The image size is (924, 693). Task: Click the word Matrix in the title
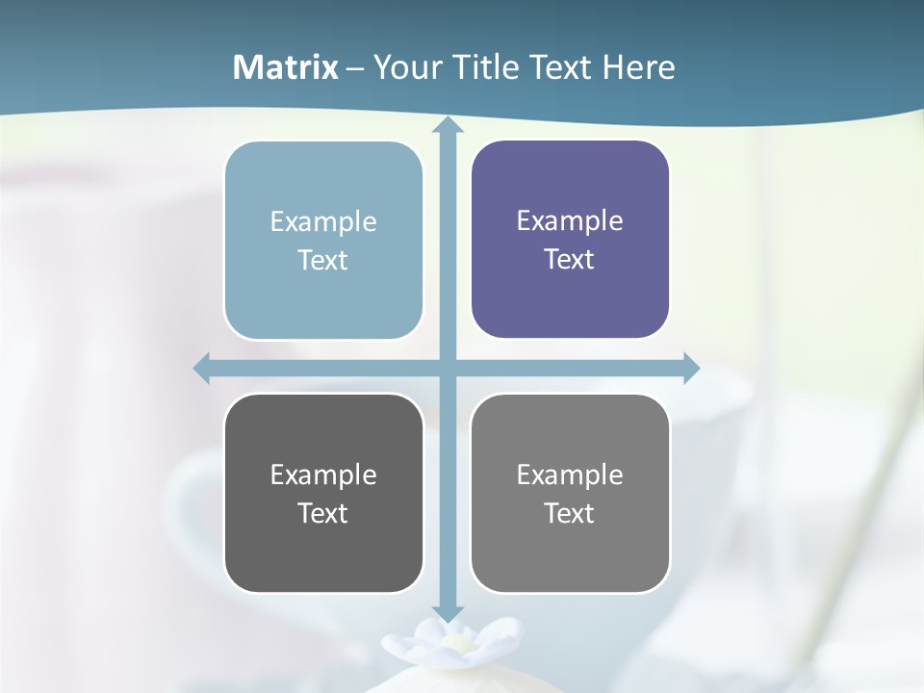point(286,67)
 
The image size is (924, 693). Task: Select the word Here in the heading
point(638,67)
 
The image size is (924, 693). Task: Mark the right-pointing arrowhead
point(690,368)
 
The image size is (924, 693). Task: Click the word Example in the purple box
point(570,220)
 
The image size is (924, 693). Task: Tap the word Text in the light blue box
point(322,260)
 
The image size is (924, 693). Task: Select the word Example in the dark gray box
point(323,475)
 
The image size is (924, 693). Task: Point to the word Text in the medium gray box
point(570,513)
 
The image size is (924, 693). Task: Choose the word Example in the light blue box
point(323,221)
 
